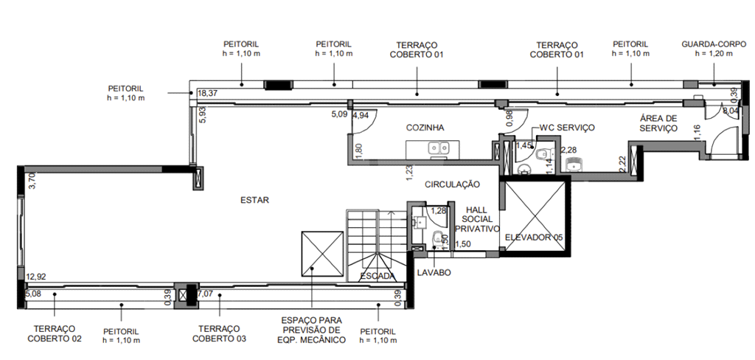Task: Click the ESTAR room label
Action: coord(254,200)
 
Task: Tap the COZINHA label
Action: coord(425,128)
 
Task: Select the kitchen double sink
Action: coord(439,148)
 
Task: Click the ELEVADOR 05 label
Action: coord(534,238)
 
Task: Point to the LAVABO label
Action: coord(434,273)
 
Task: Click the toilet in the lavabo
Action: coord(437,238)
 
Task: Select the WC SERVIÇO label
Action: coord(567,128)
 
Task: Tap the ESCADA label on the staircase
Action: coord(378,277)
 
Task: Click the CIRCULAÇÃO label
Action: coord(452,184)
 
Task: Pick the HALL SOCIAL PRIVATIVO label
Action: coord(477,219)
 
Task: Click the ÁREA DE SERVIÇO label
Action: coord(658,123)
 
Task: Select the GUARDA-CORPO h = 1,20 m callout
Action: coord(714,49)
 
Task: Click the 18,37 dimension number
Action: coord(208,94)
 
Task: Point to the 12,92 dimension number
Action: coord(37,277)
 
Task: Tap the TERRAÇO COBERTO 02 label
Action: coord(55,333)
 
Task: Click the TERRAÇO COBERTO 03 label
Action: coord(219,333)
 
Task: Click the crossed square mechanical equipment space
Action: coord(323,254)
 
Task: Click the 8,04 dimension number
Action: coord(731,111)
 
